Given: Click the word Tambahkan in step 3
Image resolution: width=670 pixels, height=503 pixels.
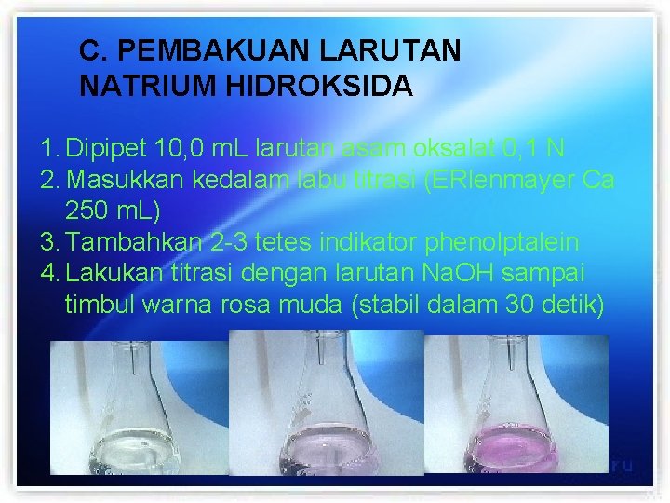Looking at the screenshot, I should click(134, 243).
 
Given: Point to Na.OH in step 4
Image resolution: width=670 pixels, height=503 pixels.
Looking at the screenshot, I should click(430, 274).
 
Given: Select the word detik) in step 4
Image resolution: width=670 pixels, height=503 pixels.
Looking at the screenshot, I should click(571, 304).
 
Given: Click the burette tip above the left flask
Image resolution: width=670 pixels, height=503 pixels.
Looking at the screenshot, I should click(137, 359).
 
